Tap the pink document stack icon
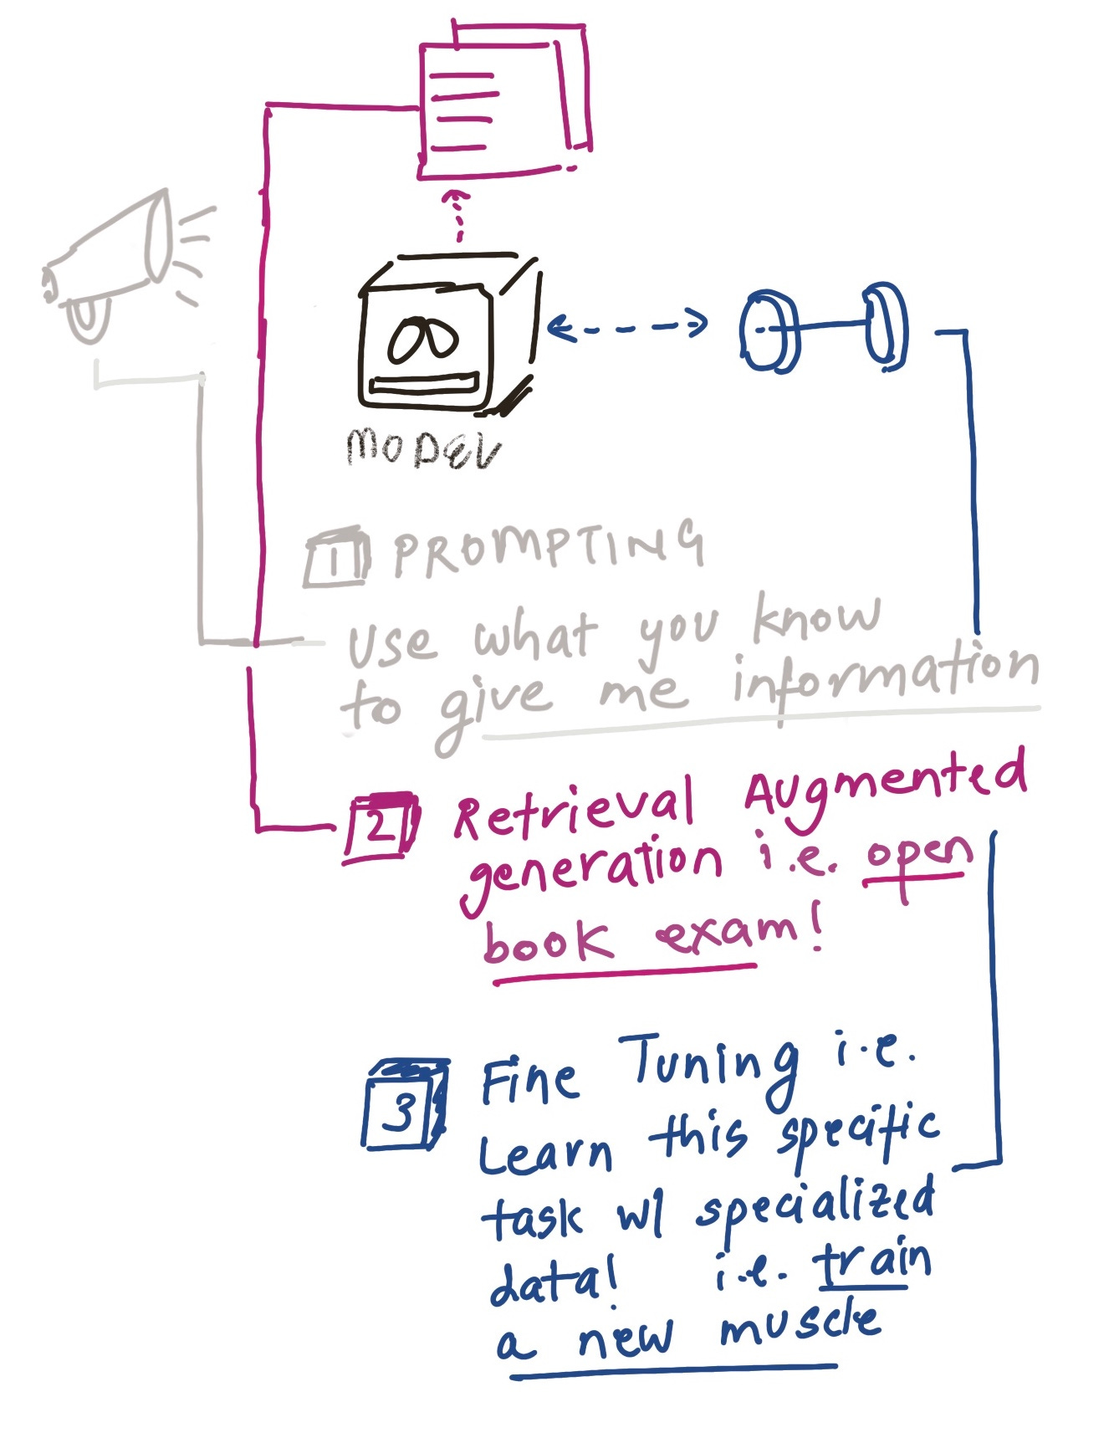(x=502, y=100)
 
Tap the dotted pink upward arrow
(x=457, y=214)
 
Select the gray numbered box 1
(x=336, y=557)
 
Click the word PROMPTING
(x=548, y=548)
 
